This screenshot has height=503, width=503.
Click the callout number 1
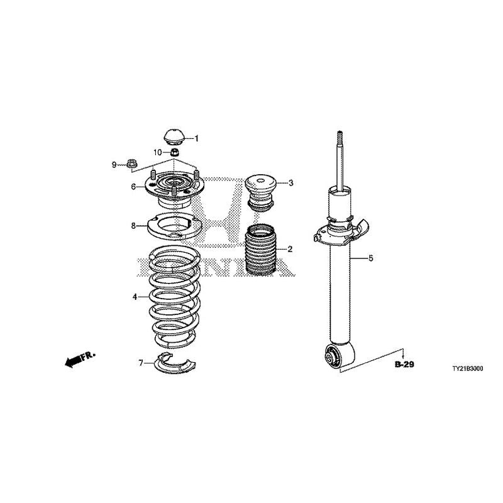197,138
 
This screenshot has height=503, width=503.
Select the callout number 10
158,152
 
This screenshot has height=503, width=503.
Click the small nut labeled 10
174,152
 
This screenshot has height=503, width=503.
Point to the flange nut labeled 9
131,164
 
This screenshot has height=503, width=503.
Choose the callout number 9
114,165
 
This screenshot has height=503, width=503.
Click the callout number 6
133,186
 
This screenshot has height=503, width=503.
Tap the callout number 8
133,226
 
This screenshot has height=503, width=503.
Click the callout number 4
135,297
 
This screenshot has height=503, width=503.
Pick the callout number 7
140,363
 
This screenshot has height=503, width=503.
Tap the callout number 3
290,183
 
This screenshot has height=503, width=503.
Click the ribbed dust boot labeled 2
260,250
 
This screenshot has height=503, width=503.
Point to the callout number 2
290,249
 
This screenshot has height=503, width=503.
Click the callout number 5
371,258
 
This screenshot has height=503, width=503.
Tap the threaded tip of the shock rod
339,138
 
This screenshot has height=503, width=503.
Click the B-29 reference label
404,365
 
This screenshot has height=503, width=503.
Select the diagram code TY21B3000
467,369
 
